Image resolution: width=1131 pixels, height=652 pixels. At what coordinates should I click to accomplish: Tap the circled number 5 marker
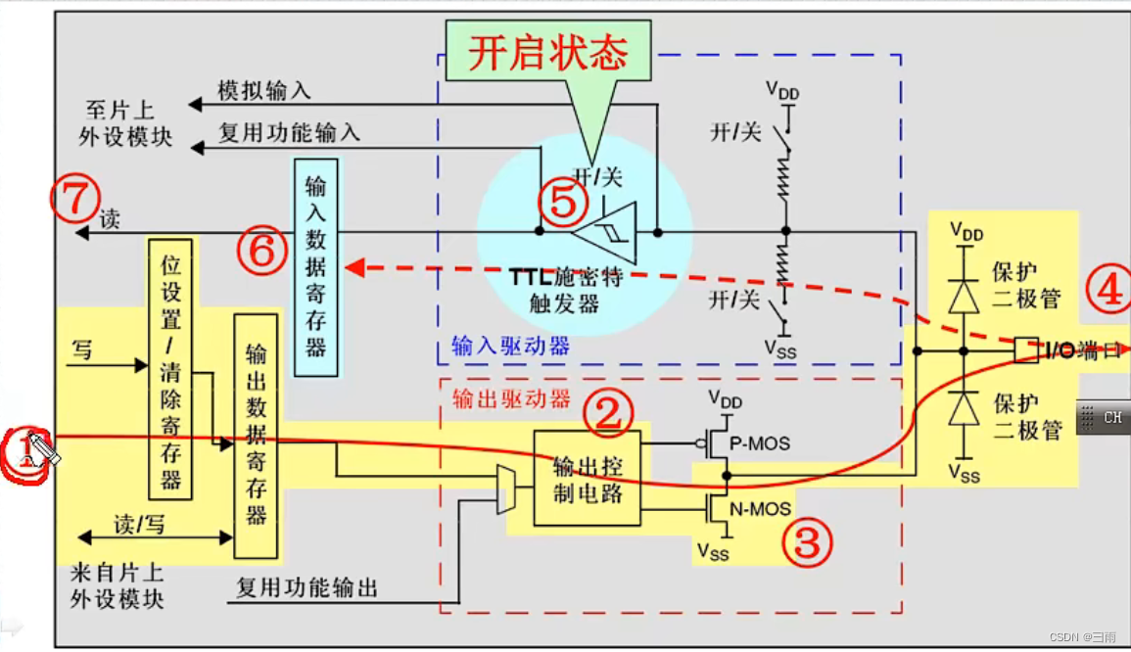(563, 204)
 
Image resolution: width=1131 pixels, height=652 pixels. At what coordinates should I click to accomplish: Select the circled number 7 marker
(75, 199)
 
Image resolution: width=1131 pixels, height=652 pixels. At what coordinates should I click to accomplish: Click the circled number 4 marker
(1108, 290)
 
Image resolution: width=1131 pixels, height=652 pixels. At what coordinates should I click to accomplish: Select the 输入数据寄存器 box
(315, 267)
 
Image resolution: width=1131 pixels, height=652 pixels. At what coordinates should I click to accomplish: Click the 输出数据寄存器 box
(256, 436)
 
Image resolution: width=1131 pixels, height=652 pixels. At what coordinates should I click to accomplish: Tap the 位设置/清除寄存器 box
(171, 367)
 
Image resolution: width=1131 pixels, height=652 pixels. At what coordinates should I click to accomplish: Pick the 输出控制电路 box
(588, 478)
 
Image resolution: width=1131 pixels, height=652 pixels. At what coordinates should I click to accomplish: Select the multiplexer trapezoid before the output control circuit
(505, 489)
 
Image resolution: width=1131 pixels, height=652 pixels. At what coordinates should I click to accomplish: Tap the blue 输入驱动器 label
(510, 346)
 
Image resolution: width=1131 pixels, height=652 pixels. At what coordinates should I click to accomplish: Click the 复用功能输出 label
(307, 588)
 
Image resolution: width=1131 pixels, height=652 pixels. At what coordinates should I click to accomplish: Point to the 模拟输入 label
(263, 91)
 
